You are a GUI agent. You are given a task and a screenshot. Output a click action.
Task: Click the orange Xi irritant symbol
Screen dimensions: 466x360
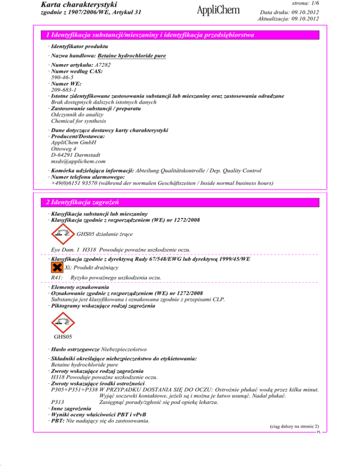click(57, 267)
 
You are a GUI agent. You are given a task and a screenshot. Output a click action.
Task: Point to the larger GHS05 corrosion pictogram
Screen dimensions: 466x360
click(63, 322)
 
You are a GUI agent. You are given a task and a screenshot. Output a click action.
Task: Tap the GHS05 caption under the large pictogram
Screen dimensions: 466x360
click(63, 337)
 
